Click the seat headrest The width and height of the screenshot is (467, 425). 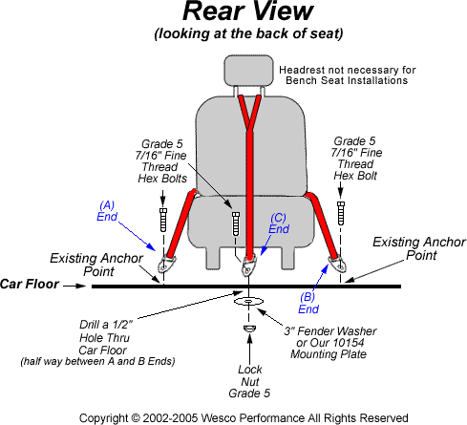[248, 71]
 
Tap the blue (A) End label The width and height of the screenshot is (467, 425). [107, 211]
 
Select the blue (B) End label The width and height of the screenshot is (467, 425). [308, 303]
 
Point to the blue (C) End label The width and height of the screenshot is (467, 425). [279, 223]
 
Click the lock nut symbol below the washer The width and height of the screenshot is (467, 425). [249, 329]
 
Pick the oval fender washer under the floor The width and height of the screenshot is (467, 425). [248, 301]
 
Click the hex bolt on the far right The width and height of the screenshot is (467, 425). [341, 213]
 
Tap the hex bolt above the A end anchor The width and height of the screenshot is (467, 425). [163, 220]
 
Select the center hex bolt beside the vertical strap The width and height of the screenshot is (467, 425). [236, 223]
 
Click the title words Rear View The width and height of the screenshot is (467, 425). [248, 11]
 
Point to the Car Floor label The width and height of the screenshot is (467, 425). [30, 284]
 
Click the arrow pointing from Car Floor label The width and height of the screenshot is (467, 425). [74, 286]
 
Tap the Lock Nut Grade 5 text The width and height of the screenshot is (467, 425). [249, 381]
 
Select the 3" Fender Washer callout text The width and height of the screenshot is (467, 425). [330, 343]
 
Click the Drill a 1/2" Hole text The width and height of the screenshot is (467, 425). [104, 337]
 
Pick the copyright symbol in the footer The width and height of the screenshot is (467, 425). [135, 418]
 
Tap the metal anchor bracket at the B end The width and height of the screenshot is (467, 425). [338, 265]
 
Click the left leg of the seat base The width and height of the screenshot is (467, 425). [213, 258]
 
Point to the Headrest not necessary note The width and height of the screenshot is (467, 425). [348, 75]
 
